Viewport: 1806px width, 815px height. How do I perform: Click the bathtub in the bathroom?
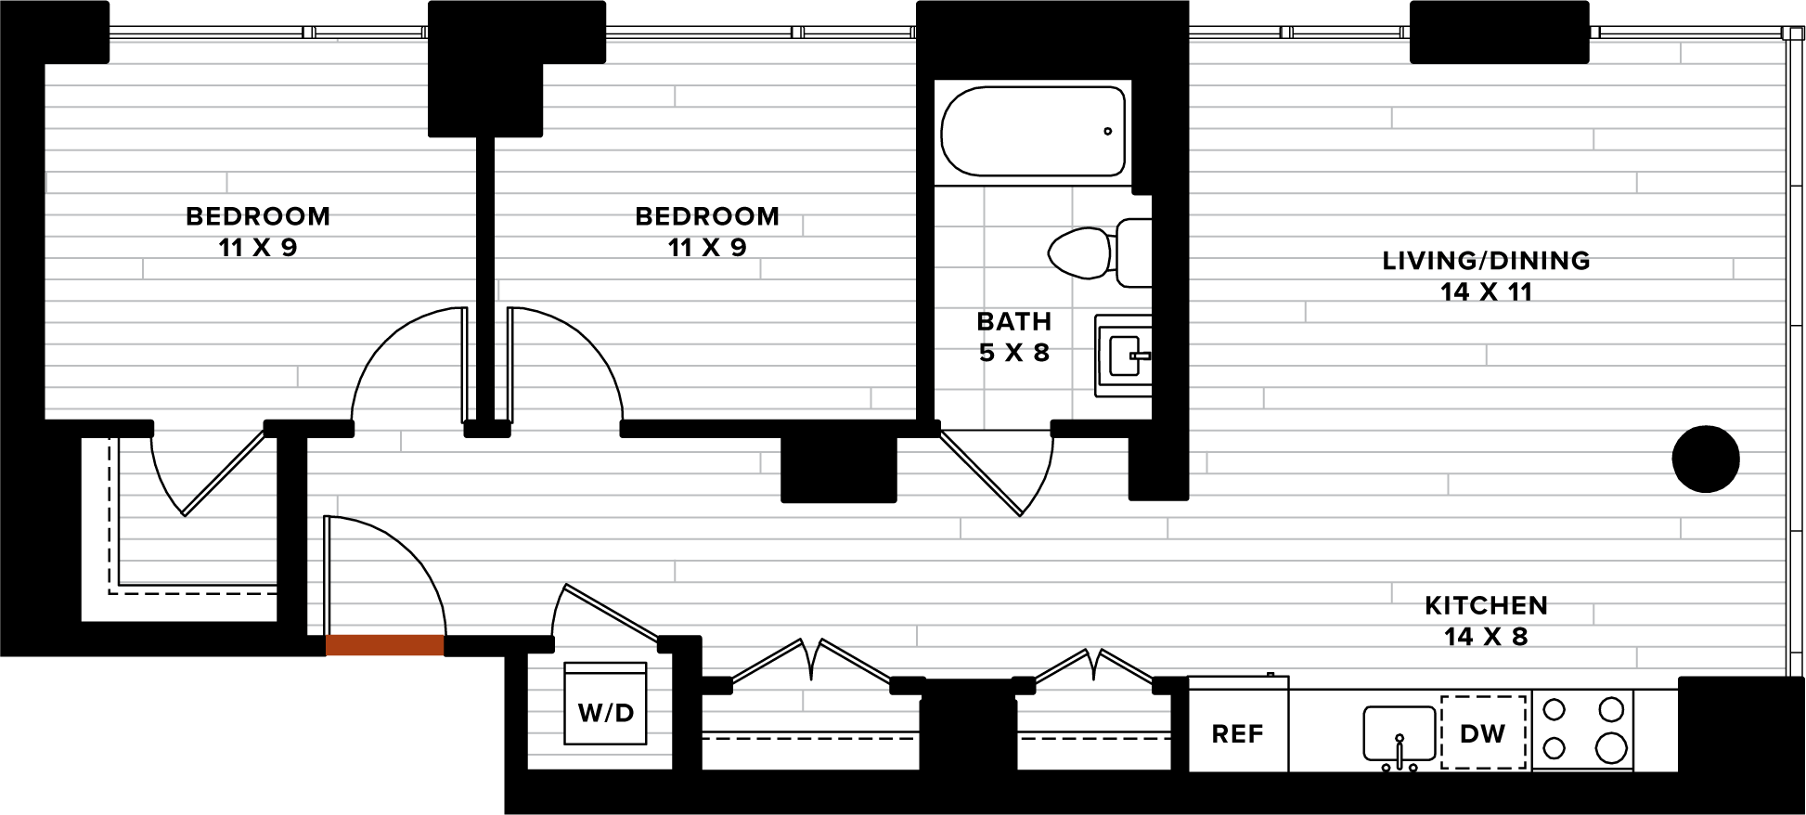pos(1033,131)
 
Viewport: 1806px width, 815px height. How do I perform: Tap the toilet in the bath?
pos(1100,252)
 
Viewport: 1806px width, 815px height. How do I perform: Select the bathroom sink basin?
pos(1124,356)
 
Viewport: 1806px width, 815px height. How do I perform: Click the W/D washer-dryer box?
pos(605,704)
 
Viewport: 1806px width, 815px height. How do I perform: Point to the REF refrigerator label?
pos(1237,734)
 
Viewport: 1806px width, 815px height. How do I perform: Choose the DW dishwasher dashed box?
pos(1483,732)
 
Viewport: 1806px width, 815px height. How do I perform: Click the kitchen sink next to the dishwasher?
pos(1400,733)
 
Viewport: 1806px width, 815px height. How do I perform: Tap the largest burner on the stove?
pos(1611,747)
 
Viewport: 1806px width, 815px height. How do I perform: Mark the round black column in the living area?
pos(1706,459)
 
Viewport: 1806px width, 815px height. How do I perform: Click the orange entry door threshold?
pos(385,645)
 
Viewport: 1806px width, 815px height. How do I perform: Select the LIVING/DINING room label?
pos(1486,261)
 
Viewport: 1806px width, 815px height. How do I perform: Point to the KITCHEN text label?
pos(1486,606)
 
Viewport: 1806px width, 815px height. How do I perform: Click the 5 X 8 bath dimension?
pos(1014,353)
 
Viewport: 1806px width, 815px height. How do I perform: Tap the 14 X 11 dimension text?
pos(1486,292)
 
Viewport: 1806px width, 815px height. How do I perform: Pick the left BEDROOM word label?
pos(258,216)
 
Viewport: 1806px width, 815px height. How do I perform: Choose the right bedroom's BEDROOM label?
pos(707,216)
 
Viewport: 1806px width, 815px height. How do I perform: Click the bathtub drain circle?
pos(1107,131)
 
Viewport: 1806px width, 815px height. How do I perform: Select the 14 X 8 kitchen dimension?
pos(1486,637)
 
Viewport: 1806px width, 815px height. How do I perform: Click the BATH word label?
pos(1014,321)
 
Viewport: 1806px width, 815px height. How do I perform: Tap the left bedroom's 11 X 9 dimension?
pos(258,248)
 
